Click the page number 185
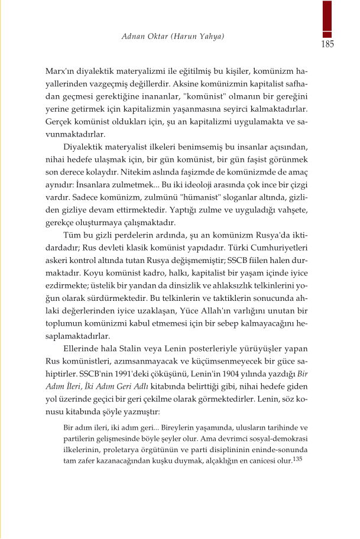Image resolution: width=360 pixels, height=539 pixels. [x=327, y=44]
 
